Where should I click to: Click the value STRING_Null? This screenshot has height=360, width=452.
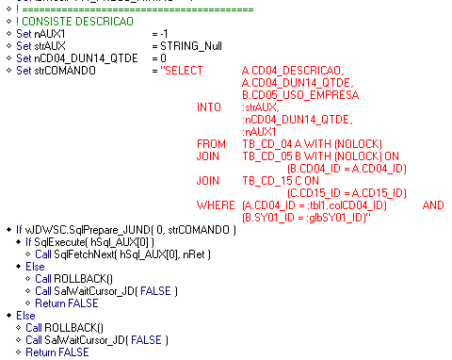(194, 45)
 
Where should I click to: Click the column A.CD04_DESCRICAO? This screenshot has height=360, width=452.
(293, 71)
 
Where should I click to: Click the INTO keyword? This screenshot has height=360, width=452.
(208, 107)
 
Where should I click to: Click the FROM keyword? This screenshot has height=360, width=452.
(211, 144)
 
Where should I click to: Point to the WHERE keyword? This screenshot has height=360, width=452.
(215, 205)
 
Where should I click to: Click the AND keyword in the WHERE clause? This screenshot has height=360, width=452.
(433, 205)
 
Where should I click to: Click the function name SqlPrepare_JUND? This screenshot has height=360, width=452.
(99, 230)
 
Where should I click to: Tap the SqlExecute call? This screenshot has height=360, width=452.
(71, 242)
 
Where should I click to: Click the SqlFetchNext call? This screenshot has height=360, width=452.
(93, 254)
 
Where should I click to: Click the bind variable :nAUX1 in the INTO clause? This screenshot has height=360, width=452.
(259, 132)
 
